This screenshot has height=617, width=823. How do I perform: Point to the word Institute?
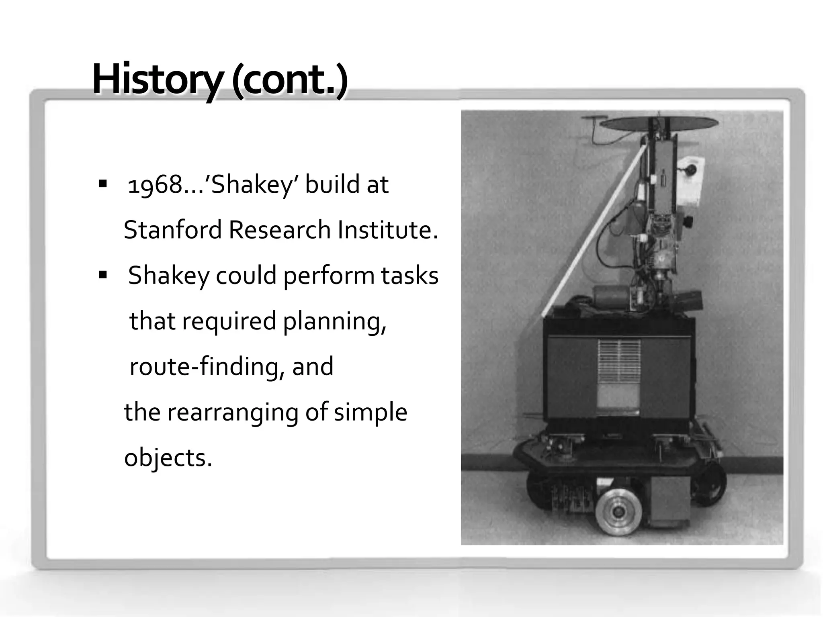(387, 230)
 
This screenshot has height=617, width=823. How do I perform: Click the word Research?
(280, 230)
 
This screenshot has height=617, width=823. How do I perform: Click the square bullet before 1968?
(103, 184)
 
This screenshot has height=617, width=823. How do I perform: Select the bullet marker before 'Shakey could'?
(103, 276)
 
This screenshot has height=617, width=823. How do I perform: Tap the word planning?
(334, 321)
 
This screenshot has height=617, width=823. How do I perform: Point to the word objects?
(168, 458)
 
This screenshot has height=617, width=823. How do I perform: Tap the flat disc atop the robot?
(659, 123)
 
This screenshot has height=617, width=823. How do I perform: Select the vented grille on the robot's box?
(619, 361)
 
